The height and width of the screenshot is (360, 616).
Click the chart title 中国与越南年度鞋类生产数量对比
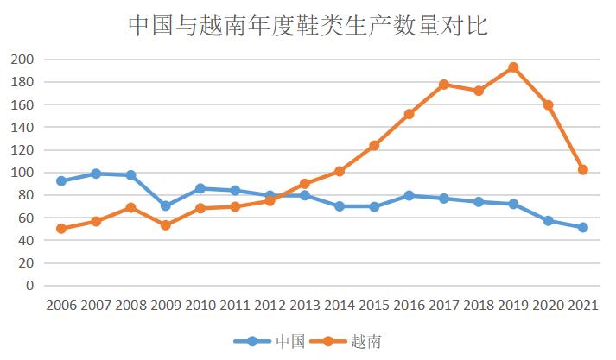tap(308, 25)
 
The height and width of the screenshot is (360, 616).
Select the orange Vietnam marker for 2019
tap(513, 67)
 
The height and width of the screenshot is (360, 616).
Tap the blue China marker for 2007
tap(96, 174)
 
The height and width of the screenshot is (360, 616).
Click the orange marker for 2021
tap(583, 170)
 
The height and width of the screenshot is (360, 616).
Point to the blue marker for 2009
tap(165, 206)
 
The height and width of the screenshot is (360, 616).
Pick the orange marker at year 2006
tap(61, 229)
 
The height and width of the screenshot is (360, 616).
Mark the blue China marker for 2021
tap(583, 228)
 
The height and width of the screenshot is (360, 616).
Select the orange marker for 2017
tap(444, 85)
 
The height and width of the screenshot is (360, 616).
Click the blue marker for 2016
tap(410, 196)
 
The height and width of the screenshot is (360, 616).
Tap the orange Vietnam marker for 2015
tap(374, 145)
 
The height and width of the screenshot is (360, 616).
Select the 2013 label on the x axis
tap(304, 306)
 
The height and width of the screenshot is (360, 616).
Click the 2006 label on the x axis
tap(61, 306)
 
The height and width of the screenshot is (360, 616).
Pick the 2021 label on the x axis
tap(582, 306)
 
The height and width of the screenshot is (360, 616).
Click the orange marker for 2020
tap(548, 104)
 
